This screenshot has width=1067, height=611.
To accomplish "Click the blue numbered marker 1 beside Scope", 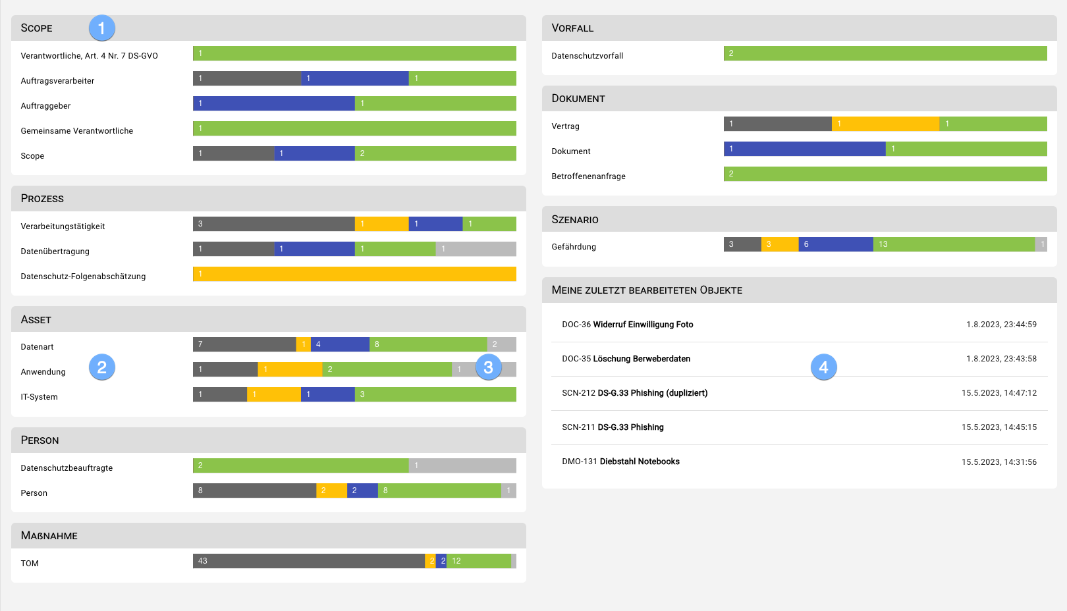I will (102, 28).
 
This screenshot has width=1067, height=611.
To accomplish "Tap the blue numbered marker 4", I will (823, 367).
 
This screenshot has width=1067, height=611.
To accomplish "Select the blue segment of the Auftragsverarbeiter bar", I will (355, 78).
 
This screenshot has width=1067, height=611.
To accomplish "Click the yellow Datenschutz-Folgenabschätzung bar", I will (354, 274).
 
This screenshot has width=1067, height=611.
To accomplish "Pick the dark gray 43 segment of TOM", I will (308, 561).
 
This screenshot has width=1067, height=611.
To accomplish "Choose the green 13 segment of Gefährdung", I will (954, 244).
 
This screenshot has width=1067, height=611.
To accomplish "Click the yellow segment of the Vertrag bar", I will (885, 124).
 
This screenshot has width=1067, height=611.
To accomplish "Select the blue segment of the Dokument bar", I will (804, 149).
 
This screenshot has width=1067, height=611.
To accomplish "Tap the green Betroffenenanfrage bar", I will (885, 174).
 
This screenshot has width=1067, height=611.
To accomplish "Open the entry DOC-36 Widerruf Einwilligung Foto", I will (627, 325).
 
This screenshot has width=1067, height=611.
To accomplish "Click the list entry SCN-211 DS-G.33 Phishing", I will (613, 427).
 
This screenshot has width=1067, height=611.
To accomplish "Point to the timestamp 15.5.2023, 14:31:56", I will (999, 462).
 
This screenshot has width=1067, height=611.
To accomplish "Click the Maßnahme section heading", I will (49, 536).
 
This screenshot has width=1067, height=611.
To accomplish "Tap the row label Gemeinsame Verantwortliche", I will (77, 131).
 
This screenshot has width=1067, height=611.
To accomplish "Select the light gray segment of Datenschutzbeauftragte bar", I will (462, 465).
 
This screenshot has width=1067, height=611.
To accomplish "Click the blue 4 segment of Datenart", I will (340, 344).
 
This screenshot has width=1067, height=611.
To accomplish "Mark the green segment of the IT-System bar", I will (435, 394).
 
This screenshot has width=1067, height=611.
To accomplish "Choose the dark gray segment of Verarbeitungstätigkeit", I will (273, 224).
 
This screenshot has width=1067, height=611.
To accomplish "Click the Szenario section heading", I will (575, 220).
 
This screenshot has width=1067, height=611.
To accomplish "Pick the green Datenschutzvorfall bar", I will (885, 53).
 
